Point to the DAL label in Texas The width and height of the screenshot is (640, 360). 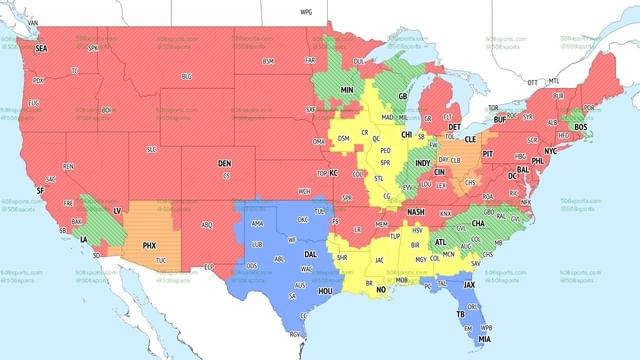310,254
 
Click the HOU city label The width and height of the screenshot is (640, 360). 324,290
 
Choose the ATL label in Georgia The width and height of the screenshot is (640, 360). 441,242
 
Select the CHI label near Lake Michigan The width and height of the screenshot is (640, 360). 406,134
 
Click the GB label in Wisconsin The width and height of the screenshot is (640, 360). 404,96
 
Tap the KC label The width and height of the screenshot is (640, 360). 334,173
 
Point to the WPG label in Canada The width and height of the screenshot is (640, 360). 306,11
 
